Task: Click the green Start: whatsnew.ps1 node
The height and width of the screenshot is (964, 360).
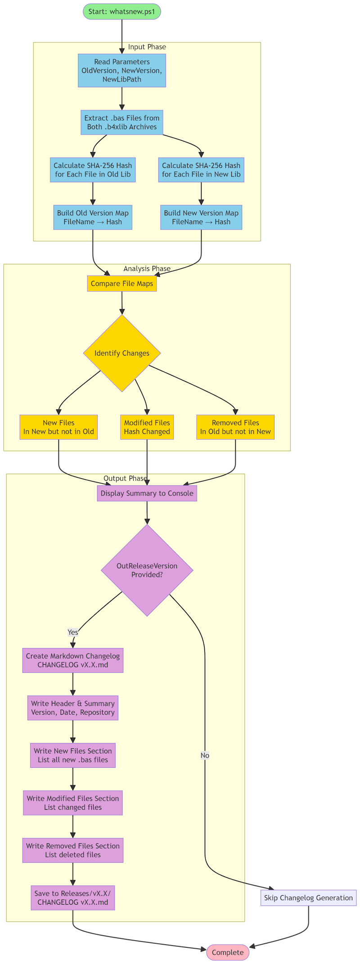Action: coord(121,11)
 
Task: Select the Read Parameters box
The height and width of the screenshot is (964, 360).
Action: coord(121,71)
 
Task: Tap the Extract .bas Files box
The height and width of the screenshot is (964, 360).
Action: coord(121,122)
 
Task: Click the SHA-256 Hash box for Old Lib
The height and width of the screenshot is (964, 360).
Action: coord(93,170)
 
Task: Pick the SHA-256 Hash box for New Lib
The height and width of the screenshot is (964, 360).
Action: coord(201,170)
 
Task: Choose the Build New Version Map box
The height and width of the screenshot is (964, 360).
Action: coord(201,217)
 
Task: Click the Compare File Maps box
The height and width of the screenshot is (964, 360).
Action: coord(121,284)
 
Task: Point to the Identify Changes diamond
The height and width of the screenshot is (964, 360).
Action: coord(121,353)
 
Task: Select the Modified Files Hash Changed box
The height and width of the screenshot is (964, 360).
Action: coord(147,427)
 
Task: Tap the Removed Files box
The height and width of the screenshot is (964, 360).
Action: coord(235,427)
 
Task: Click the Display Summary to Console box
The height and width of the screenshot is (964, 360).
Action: coord(147,493)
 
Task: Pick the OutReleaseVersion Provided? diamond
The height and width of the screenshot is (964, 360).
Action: coord(147,570)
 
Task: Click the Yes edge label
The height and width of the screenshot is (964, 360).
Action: coord(73,632)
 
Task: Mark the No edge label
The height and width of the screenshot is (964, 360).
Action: coord(205,755)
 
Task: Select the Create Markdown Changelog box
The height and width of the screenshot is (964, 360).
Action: coord(73,660)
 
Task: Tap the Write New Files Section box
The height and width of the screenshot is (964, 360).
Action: coord(73,755)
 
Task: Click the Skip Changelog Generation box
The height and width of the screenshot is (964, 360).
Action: coord(308,898)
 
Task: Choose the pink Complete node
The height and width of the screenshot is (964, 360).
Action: coord(228,952)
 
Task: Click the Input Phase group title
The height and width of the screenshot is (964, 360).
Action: coord(147,47)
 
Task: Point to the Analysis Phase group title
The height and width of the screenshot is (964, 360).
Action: coord(147,269)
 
